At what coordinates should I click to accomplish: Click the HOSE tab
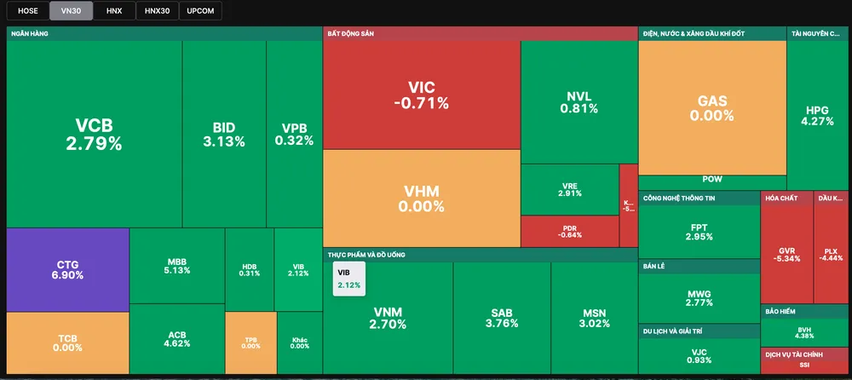point(27,11)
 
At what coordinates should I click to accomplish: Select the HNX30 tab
point(157,11)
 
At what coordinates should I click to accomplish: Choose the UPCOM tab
point(201,11)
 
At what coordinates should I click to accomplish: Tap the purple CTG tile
point(67,269)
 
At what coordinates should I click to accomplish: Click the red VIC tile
point(421,95)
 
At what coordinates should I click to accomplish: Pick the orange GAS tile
point(711,107)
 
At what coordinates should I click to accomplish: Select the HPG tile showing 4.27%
point(817,115)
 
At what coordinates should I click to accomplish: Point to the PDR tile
point(569,231)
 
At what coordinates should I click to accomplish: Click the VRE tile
point(569,189)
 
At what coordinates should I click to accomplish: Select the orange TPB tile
point(250,342)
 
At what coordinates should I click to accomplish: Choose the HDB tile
point(250,269)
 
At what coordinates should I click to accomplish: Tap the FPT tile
point(699,231)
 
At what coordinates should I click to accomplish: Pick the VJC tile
point(699,356)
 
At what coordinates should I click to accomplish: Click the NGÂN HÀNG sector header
point(27,34)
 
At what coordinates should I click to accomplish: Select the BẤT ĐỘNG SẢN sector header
point(350,34)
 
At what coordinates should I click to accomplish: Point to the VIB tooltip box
point(349,279)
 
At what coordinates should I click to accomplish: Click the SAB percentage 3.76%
point(501,324)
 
